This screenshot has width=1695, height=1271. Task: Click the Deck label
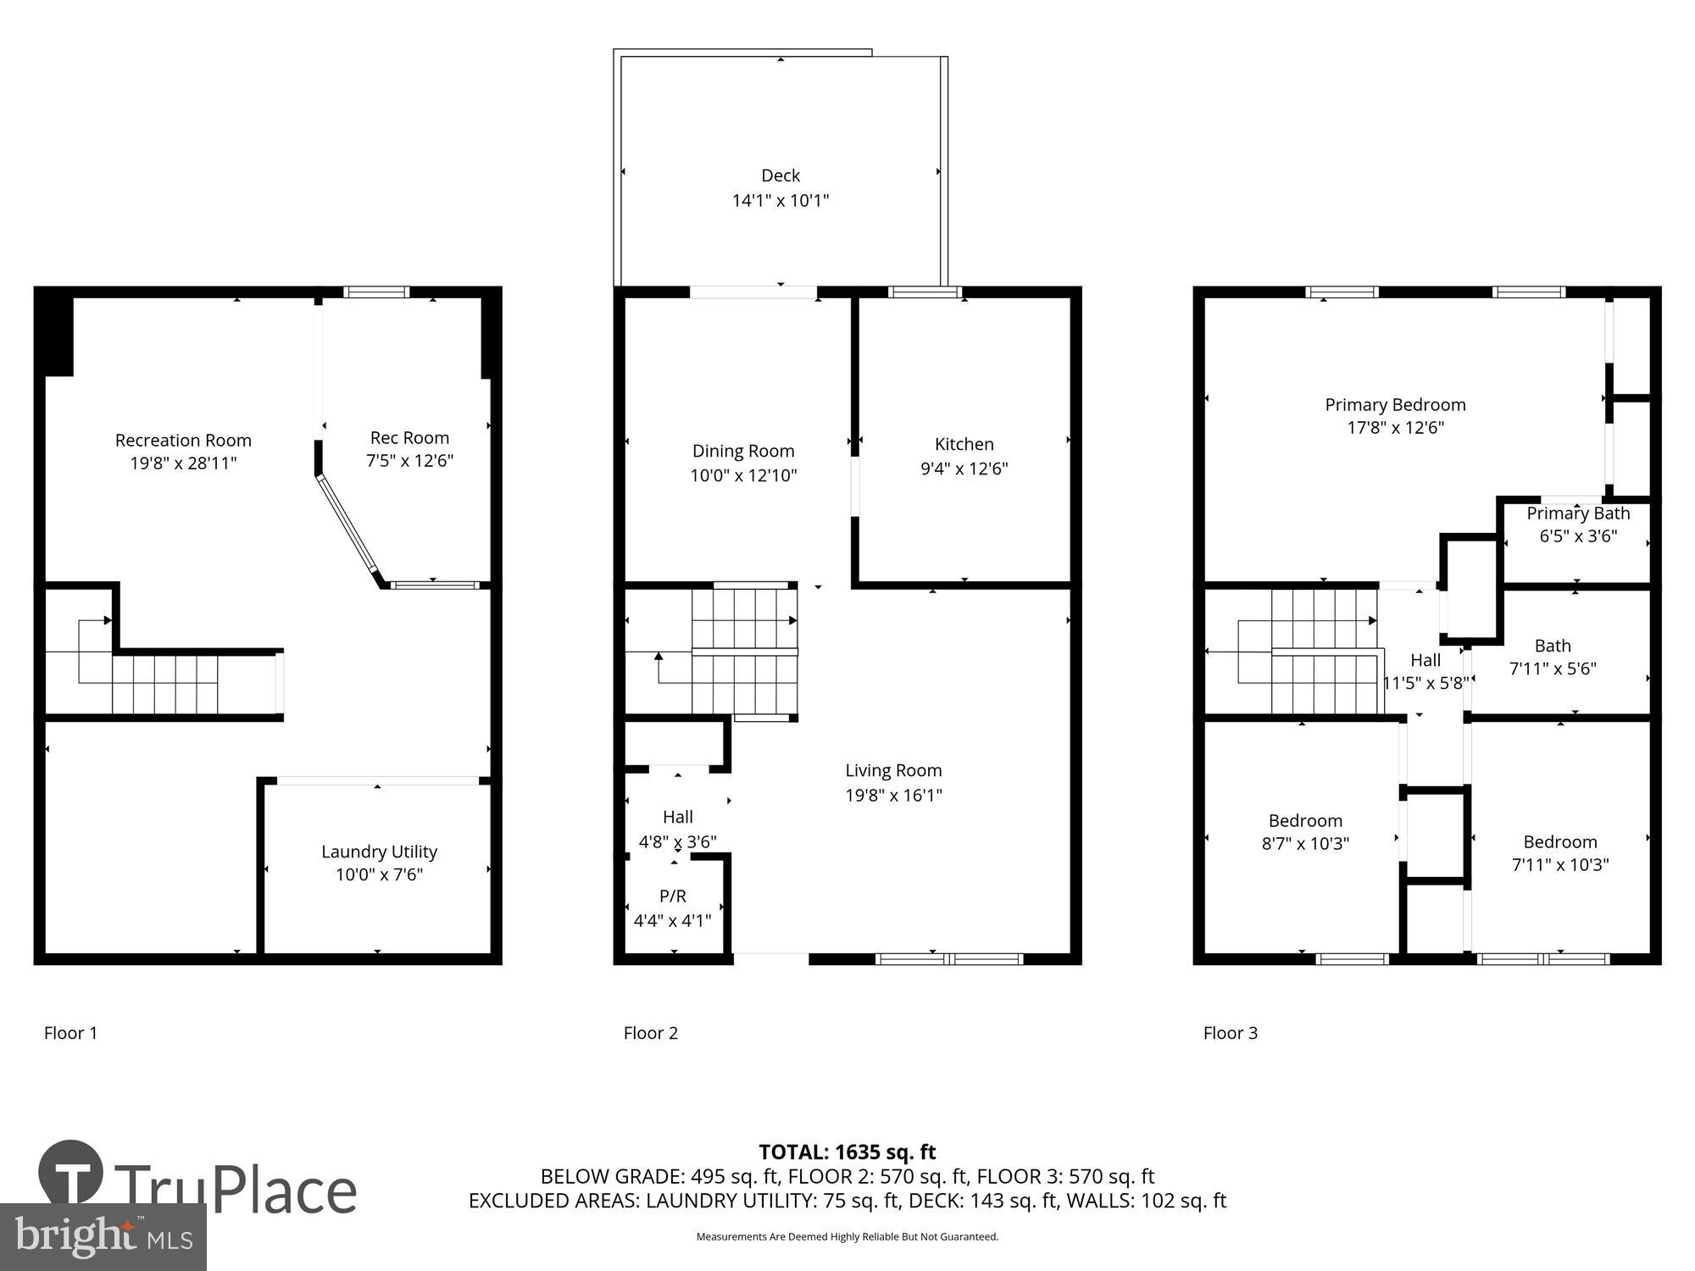(780, 176)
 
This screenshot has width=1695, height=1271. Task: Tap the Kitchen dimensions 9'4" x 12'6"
(964, 469)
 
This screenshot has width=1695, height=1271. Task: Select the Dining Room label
(742, 451)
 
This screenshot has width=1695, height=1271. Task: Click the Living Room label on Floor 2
(893, 770)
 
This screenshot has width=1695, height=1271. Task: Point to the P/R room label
(672, 896)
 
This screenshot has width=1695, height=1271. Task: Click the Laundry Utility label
(379, 852)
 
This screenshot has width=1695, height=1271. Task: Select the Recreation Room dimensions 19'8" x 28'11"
(183, 463)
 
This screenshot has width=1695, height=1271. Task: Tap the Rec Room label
(409, 438)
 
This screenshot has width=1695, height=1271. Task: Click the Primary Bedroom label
(1395, 405)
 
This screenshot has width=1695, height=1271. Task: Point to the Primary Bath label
(1578, 513)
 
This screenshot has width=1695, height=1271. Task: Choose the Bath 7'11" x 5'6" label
(1552, 657)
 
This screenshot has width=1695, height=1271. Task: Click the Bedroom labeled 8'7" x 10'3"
(1305, 831)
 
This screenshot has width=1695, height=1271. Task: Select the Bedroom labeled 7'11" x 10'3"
(1559, 852)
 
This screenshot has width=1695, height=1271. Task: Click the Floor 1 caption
(70, 1033)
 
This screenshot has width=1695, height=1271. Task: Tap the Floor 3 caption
(1230, 1033)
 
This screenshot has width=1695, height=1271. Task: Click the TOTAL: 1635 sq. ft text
(847, 1152)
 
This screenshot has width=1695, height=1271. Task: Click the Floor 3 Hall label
(1425, 660)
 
